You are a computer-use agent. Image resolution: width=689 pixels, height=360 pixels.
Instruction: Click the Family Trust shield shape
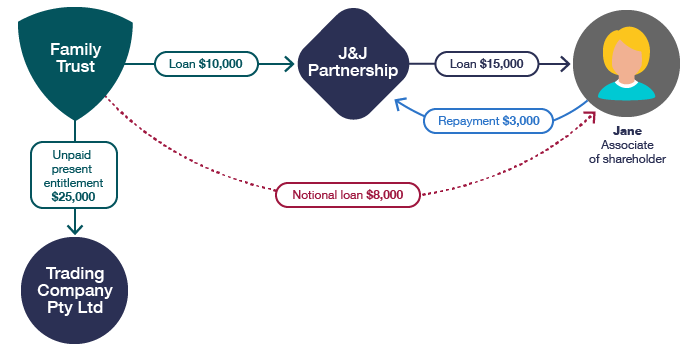(75, 62)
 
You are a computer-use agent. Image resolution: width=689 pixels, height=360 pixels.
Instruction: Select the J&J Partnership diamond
(353, 64)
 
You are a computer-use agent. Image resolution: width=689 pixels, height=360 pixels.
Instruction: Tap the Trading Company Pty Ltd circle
(75, 290)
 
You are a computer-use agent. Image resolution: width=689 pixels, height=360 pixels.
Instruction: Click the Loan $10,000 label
(206, 64)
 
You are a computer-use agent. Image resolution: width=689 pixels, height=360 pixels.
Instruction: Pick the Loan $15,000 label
(486, 64)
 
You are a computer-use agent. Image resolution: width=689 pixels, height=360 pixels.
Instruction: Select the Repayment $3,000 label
(488, 121)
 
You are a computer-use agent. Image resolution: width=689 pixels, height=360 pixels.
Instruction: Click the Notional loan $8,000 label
(348, 195)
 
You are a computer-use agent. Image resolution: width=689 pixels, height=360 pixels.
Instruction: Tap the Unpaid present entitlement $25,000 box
(74, 175)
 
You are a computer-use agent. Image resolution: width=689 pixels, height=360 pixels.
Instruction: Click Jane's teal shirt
(627, 91)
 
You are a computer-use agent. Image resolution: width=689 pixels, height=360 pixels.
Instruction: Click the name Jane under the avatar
(627, 131)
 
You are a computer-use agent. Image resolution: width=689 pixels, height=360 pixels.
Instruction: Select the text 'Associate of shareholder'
(627, 152)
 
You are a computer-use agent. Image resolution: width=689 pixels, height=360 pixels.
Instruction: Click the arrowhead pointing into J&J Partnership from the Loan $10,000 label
(289, 64)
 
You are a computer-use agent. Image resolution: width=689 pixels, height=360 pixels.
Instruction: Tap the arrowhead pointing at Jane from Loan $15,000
(565, 64)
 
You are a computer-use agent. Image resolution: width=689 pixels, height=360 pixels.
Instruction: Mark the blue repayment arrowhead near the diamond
(399, 103)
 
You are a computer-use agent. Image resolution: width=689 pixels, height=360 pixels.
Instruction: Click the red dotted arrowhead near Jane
(590, 116)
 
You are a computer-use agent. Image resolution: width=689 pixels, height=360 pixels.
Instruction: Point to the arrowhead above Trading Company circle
(75, 229)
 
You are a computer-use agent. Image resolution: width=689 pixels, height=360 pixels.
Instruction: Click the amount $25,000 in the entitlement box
(73, 196)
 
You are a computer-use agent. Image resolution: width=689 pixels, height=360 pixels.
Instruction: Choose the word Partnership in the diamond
(353, 71)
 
